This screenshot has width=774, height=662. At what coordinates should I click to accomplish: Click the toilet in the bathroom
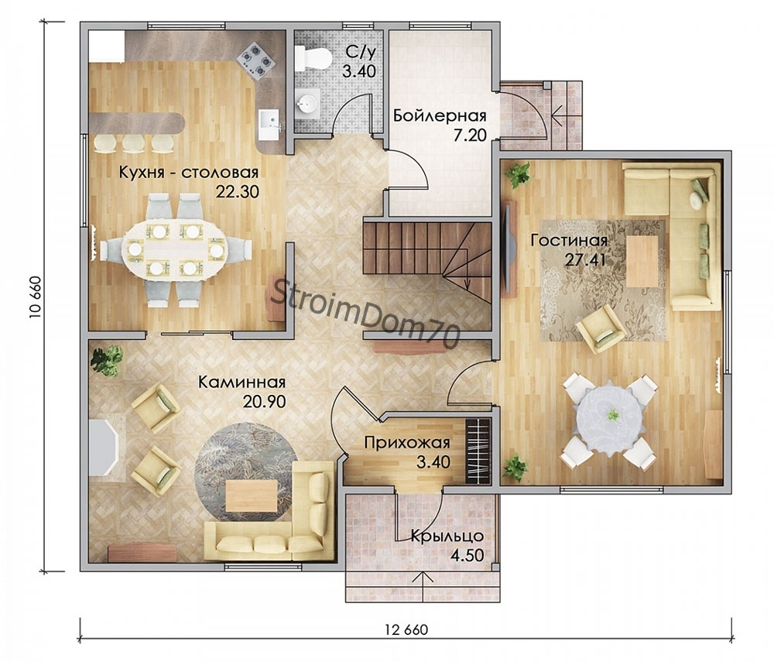click(313, 59)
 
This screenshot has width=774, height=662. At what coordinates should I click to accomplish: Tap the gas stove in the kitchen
click(255, 60)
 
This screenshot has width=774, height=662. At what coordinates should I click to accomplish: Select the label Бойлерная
click(440, 116)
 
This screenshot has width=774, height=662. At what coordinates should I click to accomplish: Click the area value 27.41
click(585, 259)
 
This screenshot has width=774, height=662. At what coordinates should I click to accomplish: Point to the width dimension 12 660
click(406, 630)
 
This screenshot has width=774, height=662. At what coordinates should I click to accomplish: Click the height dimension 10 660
click(36, 297)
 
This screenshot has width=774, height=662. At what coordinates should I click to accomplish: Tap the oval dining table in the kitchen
click(175, 250)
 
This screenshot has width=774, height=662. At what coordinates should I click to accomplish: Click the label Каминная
click(241, 382)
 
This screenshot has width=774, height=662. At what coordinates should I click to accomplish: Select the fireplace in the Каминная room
click(104, 448)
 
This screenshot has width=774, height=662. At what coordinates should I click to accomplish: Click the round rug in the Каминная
click(245, 471)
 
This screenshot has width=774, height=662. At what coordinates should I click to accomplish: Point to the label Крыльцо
click(447, 536)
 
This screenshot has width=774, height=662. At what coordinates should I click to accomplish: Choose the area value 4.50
click(467, 555)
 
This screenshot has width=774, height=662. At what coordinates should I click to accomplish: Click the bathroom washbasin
click(307, 104)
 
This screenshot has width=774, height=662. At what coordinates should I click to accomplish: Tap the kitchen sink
click(269, 124)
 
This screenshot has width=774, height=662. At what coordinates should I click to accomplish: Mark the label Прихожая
click(407, 442)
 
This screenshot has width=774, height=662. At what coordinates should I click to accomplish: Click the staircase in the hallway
click(427, 262)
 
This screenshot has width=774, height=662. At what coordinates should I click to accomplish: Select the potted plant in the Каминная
click(107, 360)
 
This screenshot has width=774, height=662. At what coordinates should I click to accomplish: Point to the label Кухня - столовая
click(189, 173)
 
